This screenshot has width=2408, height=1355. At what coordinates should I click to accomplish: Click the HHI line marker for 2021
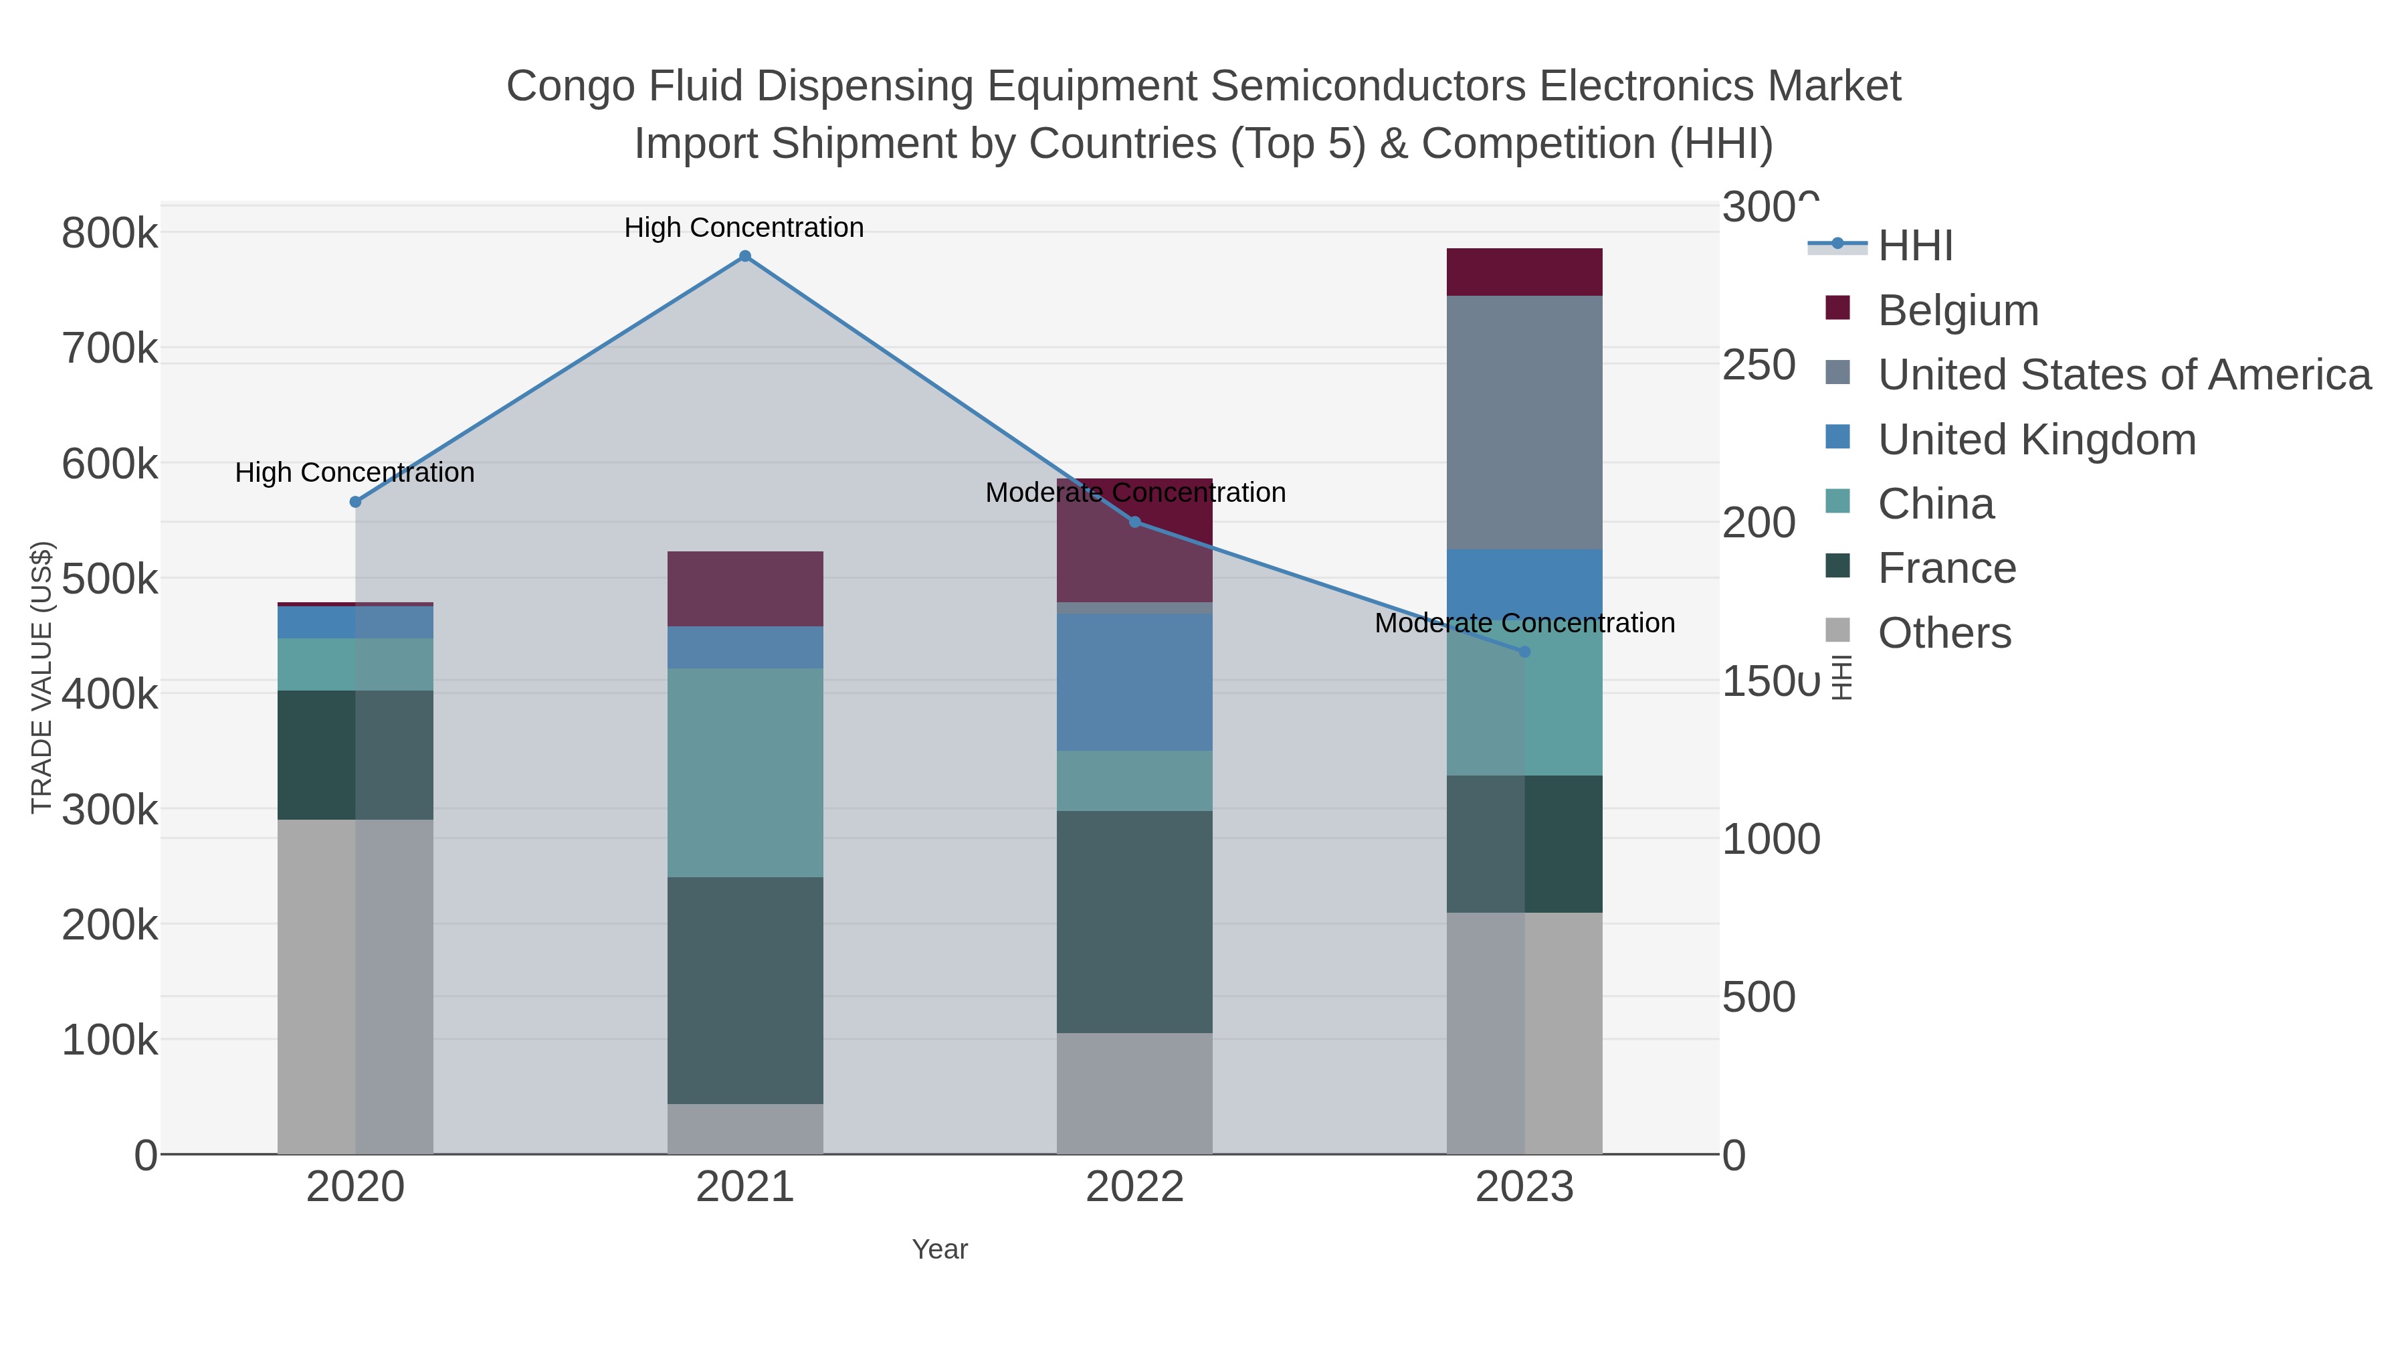coord(745,256)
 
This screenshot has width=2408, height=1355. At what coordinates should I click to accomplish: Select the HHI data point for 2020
coord(355,502)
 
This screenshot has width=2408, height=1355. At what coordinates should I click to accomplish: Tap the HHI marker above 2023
coord(1524,652)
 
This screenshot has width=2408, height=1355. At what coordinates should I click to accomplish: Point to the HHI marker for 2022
coord(1135,522)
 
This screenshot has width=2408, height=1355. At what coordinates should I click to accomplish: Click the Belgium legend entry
coord(1957,310)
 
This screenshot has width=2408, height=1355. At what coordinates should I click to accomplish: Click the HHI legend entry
coord(1914,246)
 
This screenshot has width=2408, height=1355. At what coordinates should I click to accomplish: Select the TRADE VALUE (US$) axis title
coord(42,677)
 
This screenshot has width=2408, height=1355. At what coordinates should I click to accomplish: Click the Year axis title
coord(940,1249)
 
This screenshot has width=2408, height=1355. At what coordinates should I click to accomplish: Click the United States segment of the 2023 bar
coord(1524,423)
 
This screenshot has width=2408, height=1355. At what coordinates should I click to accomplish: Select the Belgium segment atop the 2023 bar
coord(1524,272)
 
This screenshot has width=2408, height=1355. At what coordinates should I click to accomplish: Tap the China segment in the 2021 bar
coord(745,772)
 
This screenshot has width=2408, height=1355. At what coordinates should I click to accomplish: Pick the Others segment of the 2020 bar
coord(355,986)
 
